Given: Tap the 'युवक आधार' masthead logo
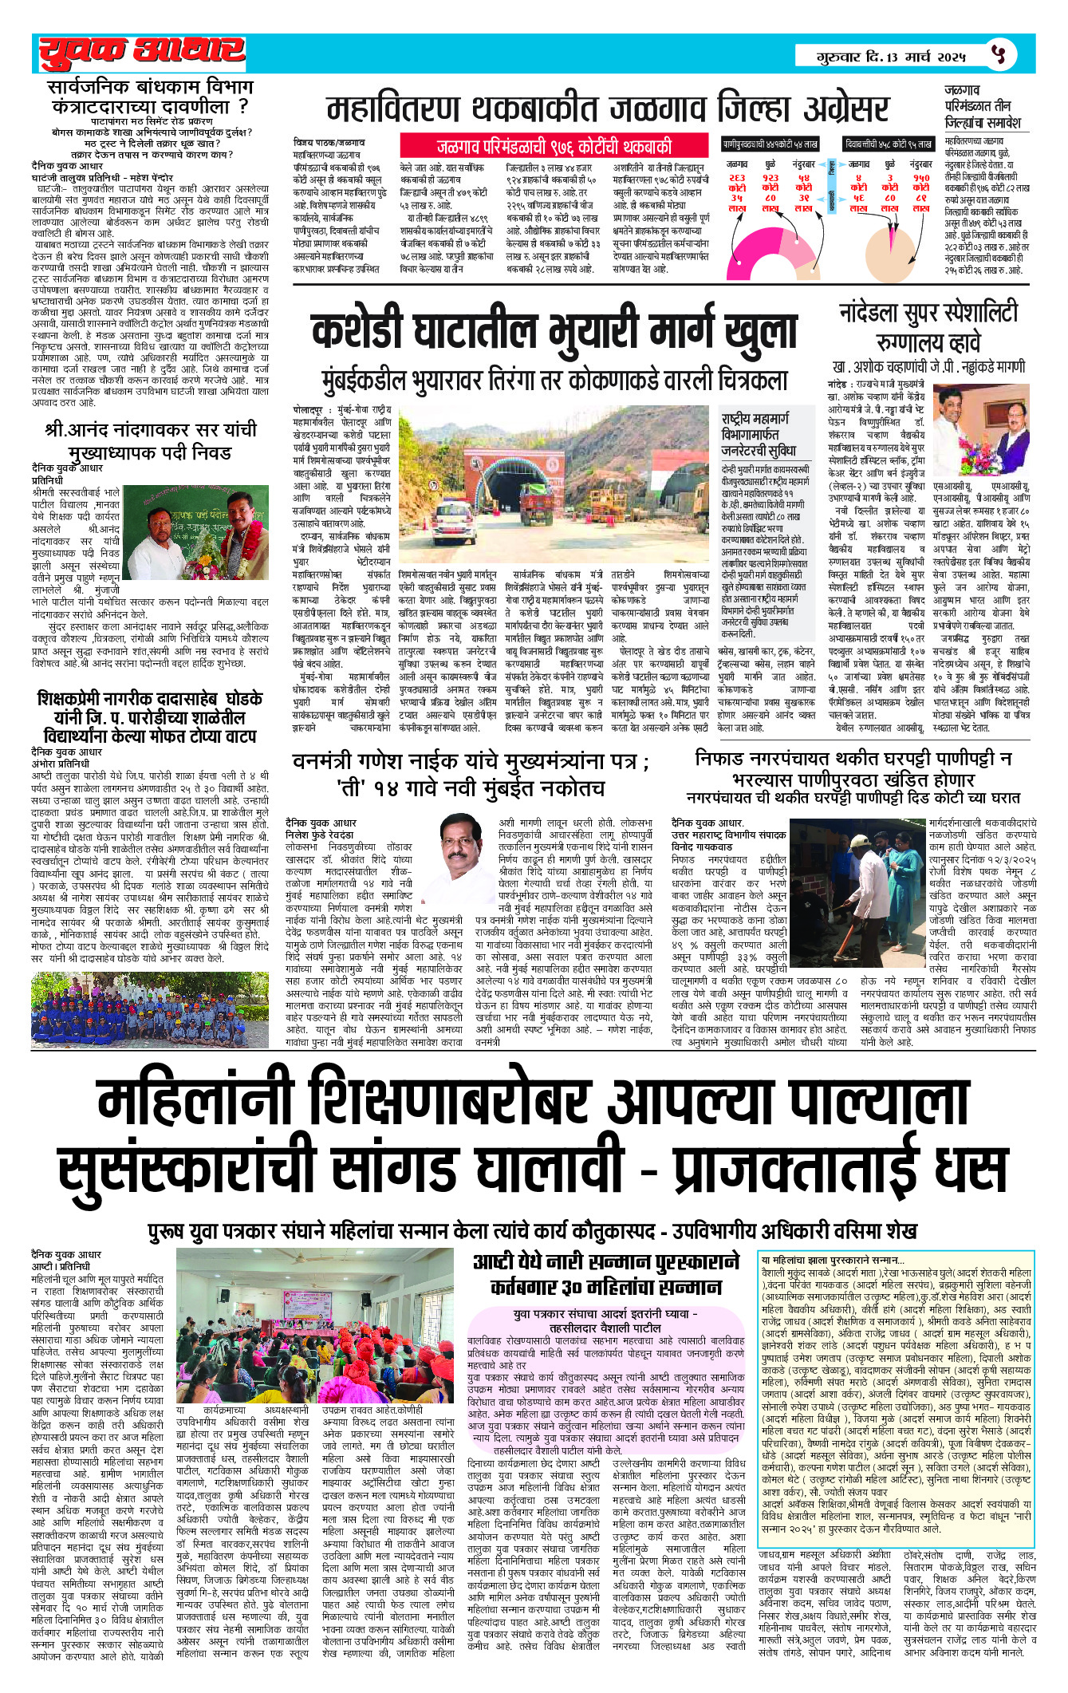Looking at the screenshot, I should point(142,53).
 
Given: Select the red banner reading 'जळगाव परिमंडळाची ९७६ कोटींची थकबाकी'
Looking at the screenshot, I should point(554,147).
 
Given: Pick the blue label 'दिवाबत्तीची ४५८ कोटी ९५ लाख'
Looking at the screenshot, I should point(889,144).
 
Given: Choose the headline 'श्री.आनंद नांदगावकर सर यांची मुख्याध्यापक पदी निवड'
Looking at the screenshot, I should point(151,440).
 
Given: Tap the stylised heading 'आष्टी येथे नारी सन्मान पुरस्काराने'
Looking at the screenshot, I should point(607,1262).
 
